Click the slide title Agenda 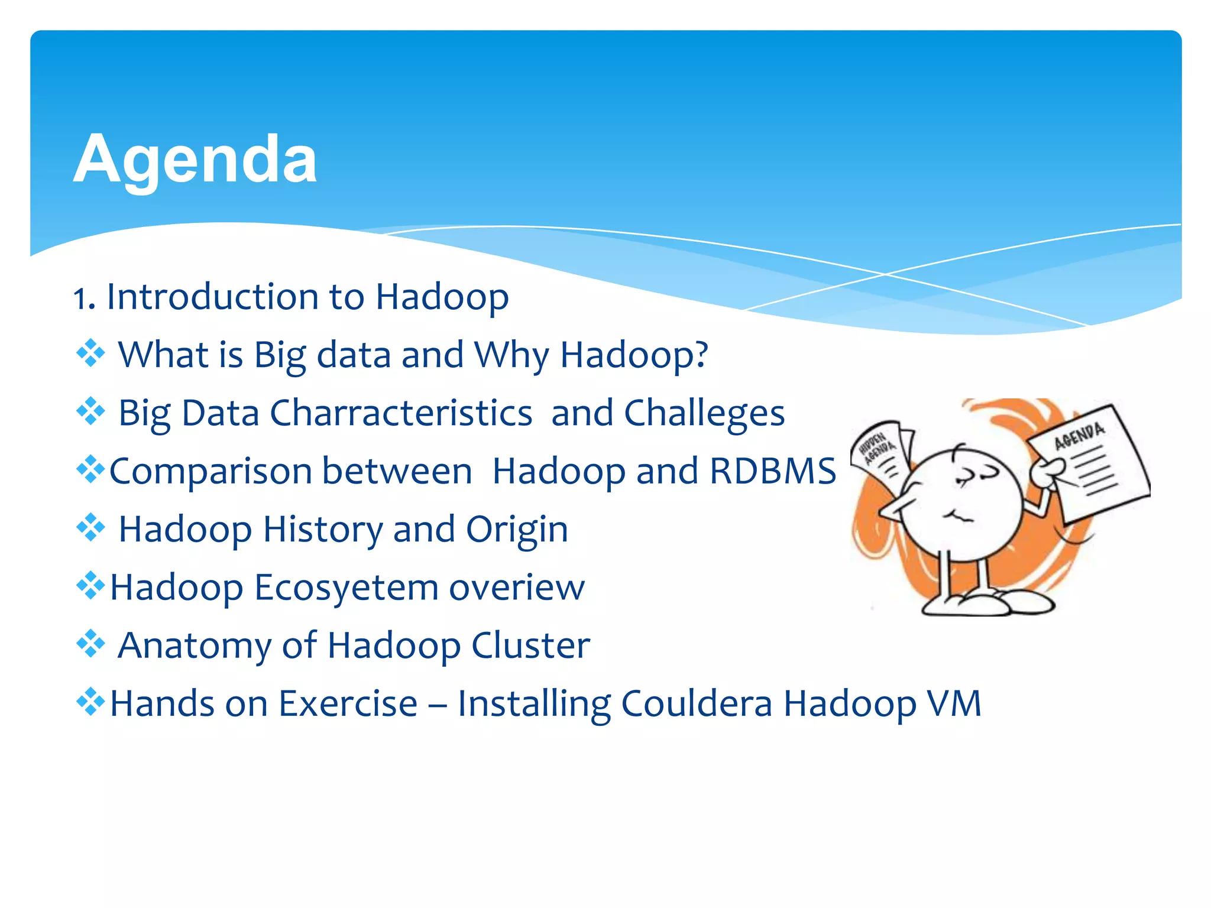[x=195, y=158]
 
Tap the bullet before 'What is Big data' [x=90, y=354]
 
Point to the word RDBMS [x=772, y=471]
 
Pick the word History [x=323, y=528]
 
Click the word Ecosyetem [x=346, y=587]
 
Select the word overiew [x=516, y=587]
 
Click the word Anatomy [x=195, y=645]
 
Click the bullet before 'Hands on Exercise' [x=90, y=702]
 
